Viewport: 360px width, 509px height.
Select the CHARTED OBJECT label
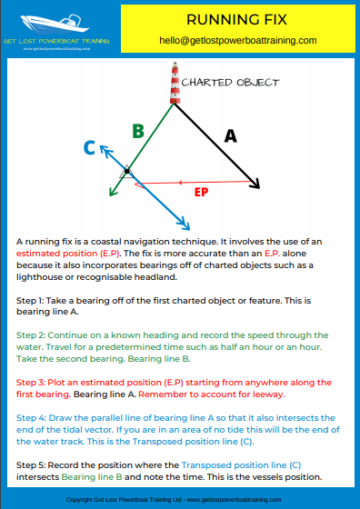[x=231, y=83]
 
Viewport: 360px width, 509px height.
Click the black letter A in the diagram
[x=231, y=135]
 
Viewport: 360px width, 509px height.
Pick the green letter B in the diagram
[x=137, y=131]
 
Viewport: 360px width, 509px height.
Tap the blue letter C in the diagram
[x=89, y=146]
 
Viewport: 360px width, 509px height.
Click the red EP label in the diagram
[x=202, y=192]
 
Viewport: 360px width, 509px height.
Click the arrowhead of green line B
[x=111, y=192]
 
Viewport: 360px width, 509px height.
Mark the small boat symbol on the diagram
[x=127, y=171]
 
